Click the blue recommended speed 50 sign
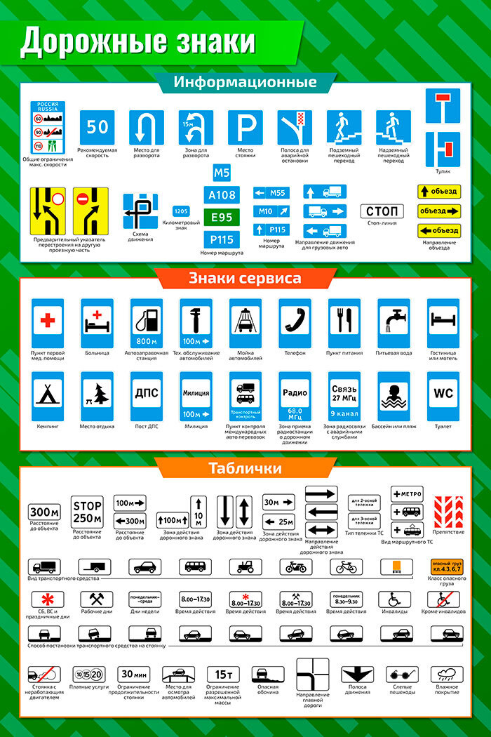coord(97,127)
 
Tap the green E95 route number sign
coord(222,217)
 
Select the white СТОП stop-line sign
coord(382,211)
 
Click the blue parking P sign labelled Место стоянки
coord(245,127)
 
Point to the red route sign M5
coord(222,173)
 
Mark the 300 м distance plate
coord(44,512)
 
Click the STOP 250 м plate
coord(88,512)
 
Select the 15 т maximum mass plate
coord(224,675)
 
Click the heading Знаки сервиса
coord(245,278)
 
